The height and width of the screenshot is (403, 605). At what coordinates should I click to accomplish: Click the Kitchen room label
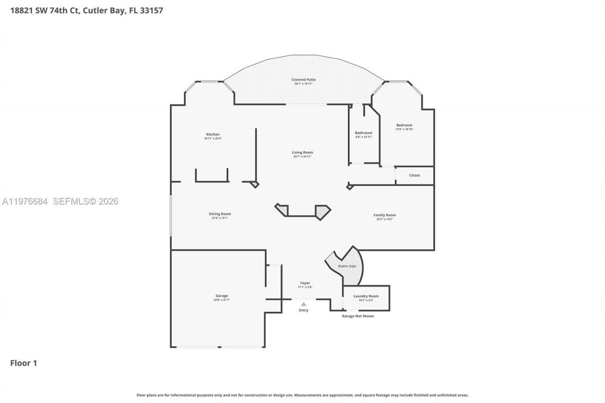click(x=213, y=136)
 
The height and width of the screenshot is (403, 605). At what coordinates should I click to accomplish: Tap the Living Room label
click(x=302, y=154)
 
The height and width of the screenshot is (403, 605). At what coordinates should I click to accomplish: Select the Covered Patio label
click(x=303, y=81)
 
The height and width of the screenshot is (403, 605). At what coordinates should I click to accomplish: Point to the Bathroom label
click(x=363, y=135)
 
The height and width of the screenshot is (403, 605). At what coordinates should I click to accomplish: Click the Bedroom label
click(x=404, y=127)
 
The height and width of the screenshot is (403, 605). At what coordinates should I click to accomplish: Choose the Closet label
click(x=415, y=175)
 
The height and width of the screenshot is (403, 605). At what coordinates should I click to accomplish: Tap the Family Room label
click(x=384, y=217)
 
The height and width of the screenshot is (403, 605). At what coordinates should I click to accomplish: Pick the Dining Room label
click(x=220, y=215)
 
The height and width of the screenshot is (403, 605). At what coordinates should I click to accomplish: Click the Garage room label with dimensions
click(x=221, y=298)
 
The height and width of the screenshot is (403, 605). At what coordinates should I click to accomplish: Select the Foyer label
click(x=305, y=285)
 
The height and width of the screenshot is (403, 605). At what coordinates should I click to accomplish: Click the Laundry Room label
click(x=366, y=298)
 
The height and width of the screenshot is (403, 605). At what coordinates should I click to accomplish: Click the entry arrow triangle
click(x=303, y=304)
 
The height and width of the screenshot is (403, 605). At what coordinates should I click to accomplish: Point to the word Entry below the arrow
click(x=303, y=310)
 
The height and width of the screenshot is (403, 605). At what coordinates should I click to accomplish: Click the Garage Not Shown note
click(x=358, y=316)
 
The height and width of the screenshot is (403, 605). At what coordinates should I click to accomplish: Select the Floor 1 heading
click(x=24, y=363)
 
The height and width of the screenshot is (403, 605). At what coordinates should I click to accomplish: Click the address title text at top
click(x=86, y=10)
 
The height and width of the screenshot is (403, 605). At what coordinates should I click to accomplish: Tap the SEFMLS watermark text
click(x=60, y=202)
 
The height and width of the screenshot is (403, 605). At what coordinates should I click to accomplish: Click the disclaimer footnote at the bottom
click(x=302, y=395)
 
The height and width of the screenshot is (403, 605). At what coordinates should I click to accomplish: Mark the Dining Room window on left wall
click(x=171, y=215)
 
